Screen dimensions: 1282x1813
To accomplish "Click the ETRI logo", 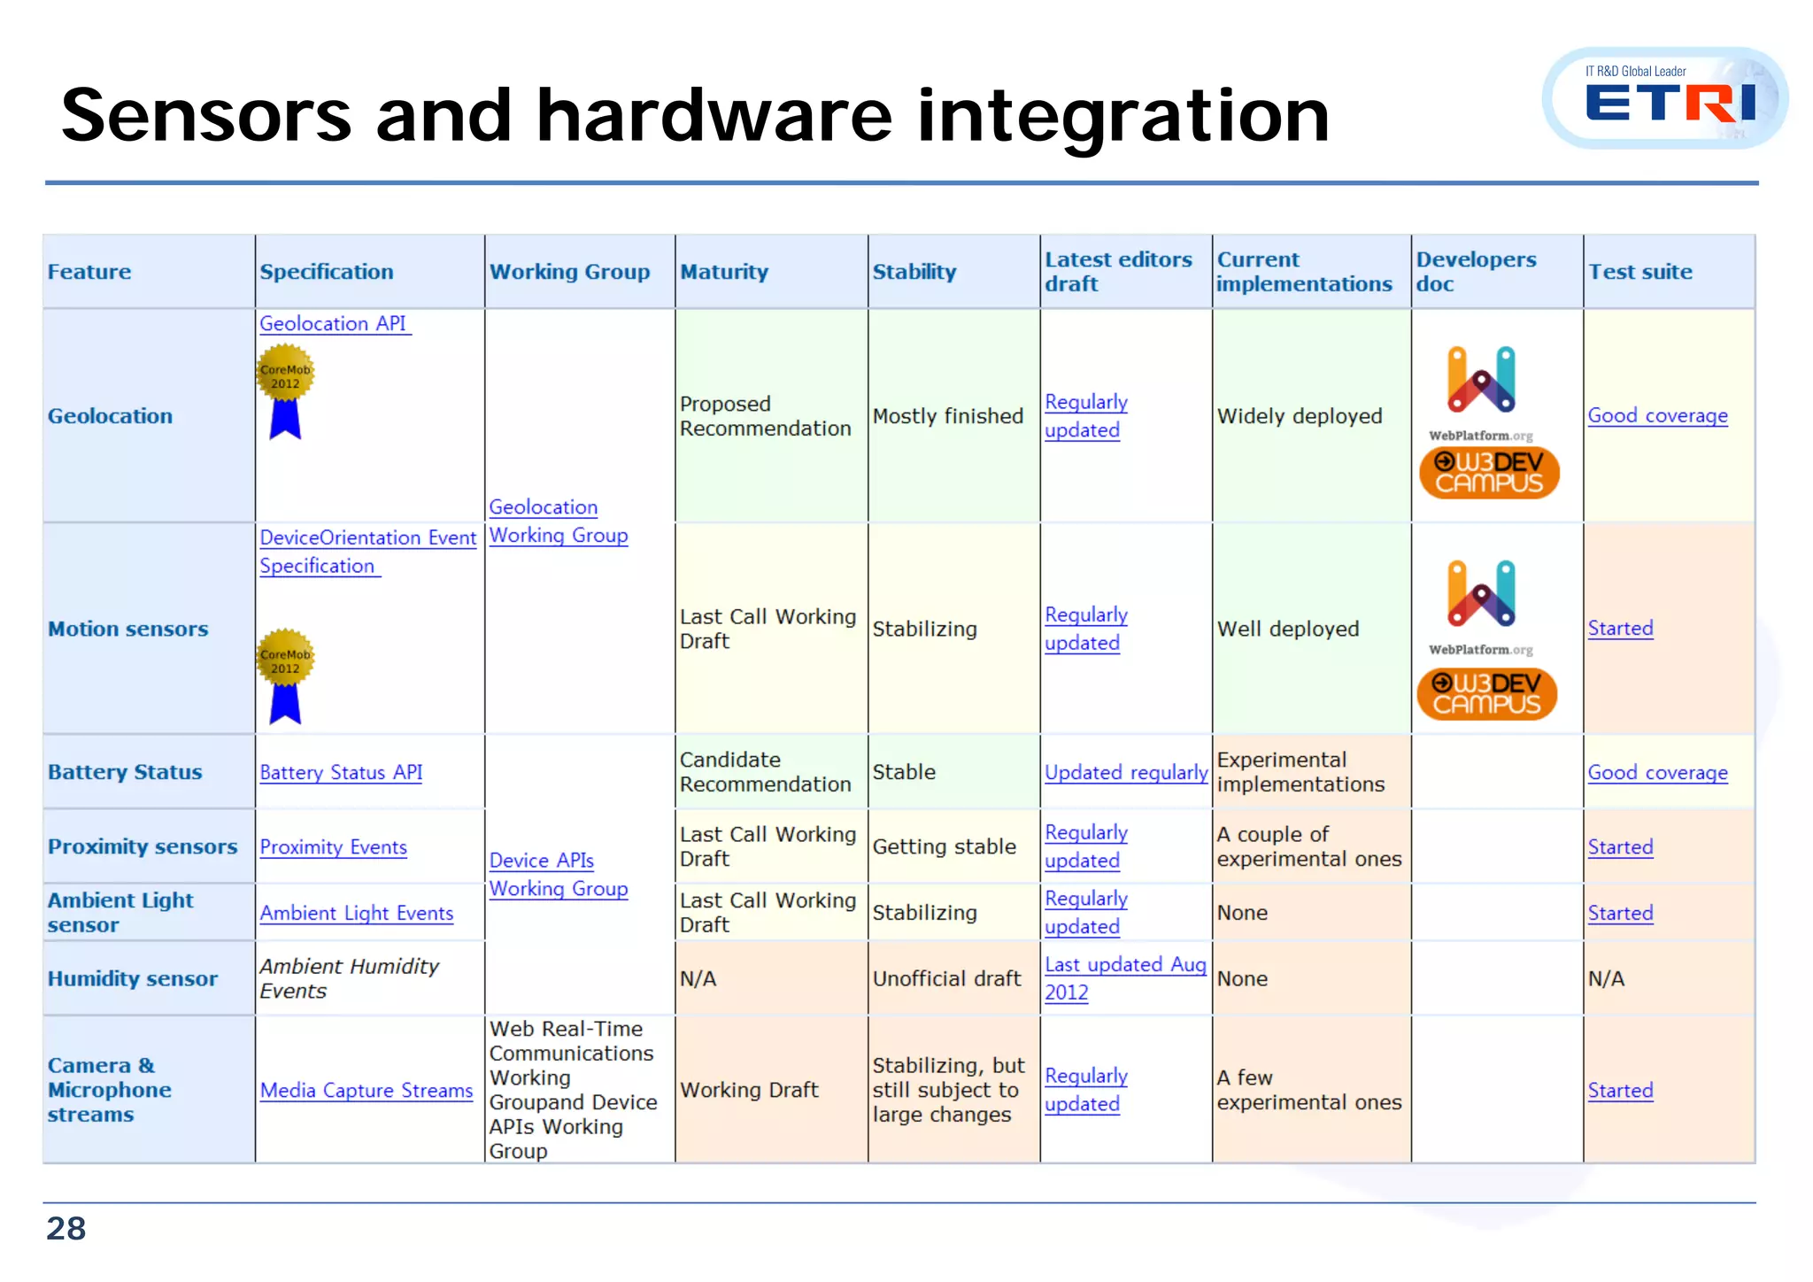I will [1668, 99].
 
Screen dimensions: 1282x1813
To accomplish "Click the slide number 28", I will [66, 1228].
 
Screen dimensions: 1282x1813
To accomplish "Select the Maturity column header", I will [723, 272].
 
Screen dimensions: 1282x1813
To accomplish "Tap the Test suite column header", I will [1639, 272].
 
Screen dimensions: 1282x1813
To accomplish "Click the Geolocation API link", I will [333, 324].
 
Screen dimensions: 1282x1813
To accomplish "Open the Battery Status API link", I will [341, 772].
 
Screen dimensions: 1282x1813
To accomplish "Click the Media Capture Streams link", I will [366, 1090].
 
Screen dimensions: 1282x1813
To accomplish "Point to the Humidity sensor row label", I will [133, 978].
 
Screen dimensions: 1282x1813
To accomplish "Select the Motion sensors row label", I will [128, 629].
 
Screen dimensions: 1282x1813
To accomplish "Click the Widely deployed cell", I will [1299, 416].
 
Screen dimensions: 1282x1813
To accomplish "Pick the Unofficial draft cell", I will [946, 978].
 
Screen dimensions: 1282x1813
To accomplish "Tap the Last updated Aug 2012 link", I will [1124, 977].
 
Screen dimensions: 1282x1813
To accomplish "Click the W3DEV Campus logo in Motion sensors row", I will [1487, 693].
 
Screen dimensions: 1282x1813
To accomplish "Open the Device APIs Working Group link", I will [558, 875].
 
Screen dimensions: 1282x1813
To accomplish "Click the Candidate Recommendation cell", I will [765, 772].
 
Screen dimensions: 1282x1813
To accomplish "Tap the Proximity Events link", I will [333, 847].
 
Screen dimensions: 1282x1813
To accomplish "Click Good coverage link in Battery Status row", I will [1657, 772].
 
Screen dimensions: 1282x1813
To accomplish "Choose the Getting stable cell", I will [944, 846].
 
